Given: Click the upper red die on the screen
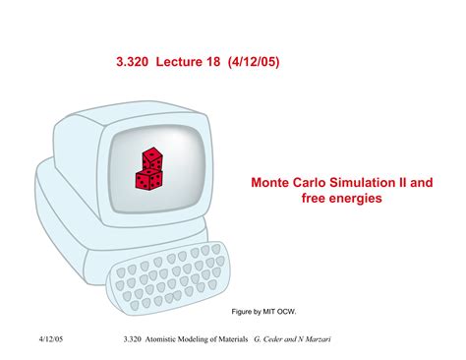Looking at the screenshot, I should (x=153, y=159).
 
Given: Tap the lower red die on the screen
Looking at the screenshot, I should (x=148, y=179).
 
